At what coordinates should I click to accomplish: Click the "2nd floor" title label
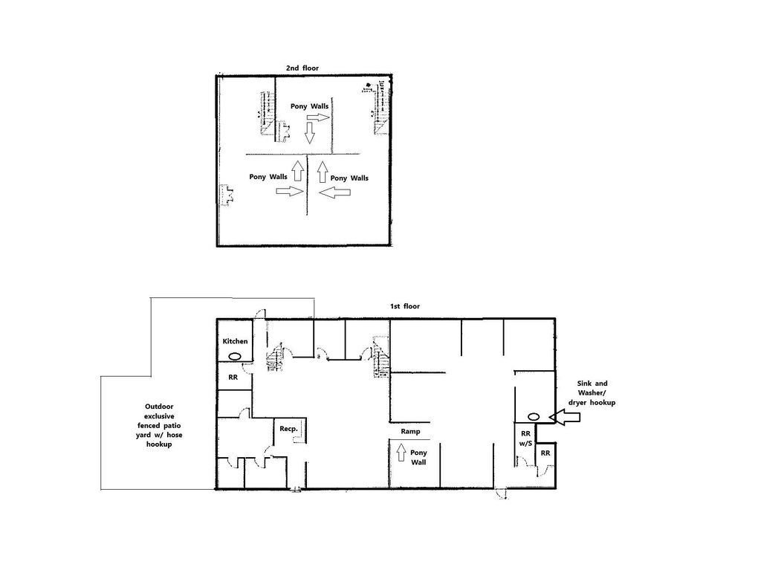tap(302, 68)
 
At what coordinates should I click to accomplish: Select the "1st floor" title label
tap(407, 307)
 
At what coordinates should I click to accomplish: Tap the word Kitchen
tap(236, 341)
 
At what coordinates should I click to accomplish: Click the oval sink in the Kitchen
tap(236, 356)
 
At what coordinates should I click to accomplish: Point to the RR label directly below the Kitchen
tap(232, 377)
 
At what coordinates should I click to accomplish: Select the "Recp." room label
tap(288, 430)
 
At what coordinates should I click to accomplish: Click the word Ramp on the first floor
tap(411, 431)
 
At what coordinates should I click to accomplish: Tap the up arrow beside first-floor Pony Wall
tap(401, 451)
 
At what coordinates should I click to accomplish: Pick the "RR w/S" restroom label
tap(525, 439)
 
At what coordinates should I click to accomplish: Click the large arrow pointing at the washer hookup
tap(569, 419)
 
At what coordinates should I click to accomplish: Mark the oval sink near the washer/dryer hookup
tap(534, 417)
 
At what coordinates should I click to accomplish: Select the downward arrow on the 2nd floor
tap(310, 133)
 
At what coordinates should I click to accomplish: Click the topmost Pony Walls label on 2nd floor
tap(309, 107)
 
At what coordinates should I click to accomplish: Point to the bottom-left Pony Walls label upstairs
tap(268, 177)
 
